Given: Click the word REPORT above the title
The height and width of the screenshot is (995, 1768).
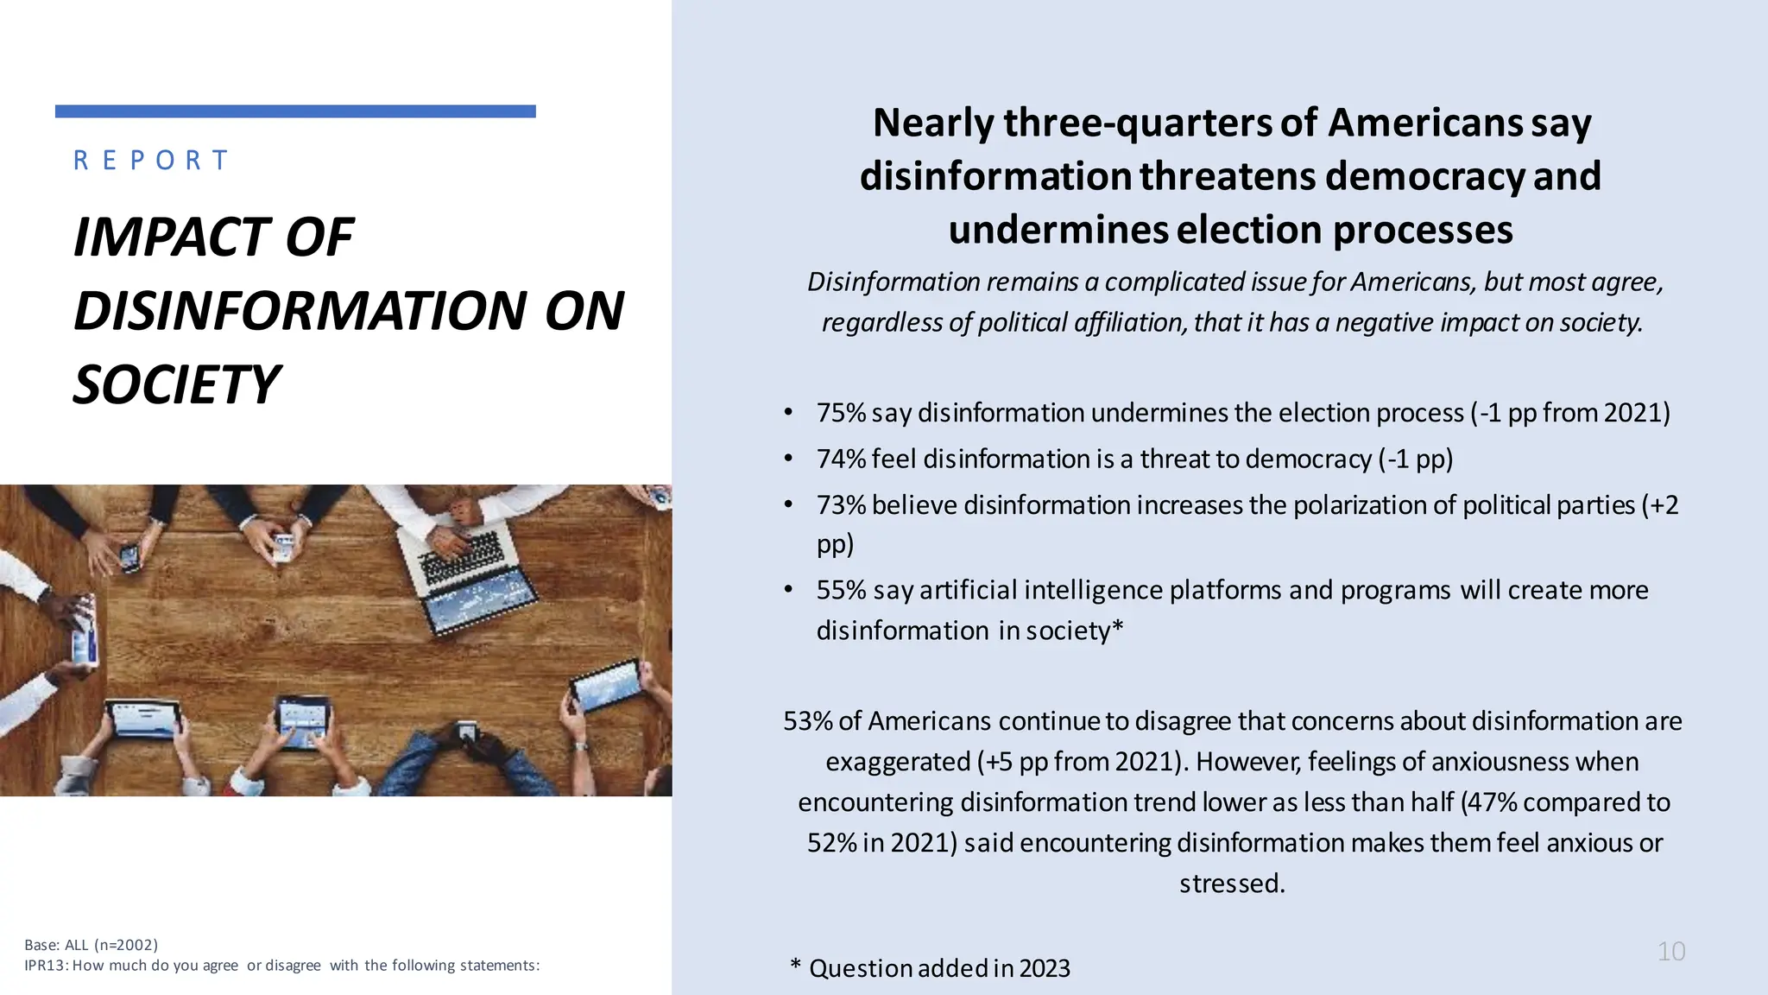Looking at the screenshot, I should [x=151, y=161].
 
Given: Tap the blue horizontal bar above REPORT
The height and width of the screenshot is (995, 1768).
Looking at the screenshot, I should [x=295, y=111].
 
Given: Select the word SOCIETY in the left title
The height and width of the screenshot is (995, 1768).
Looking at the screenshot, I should [x=176, y=384].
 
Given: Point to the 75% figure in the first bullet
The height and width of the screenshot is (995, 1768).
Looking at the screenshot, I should [x=841, y=413].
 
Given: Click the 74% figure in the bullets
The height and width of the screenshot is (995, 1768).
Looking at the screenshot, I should [x=841, y=459].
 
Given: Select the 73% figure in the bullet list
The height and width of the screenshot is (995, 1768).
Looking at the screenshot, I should [x=841, y=505].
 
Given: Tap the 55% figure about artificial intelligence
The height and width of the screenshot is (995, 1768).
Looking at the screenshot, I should [x=841, y=590].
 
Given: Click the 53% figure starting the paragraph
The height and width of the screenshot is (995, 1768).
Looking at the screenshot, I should [x=807, y=721].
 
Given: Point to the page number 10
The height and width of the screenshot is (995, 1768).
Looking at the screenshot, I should [x=1671, y=951].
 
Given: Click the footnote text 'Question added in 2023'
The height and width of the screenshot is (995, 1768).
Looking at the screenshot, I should [x=939, y=968].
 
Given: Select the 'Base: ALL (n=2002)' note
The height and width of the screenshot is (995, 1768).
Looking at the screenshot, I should [x=92, y=945].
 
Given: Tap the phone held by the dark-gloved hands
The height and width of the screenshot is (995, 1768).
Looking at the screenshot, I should [x=467, y=732].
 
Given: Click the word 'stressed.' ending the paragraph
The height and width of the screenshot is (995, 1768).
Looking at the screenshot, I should [x=1232, y=884].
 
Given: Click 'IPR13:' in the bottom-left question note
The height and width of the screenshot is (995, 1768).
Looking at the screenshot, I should [x=47, y=966].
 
